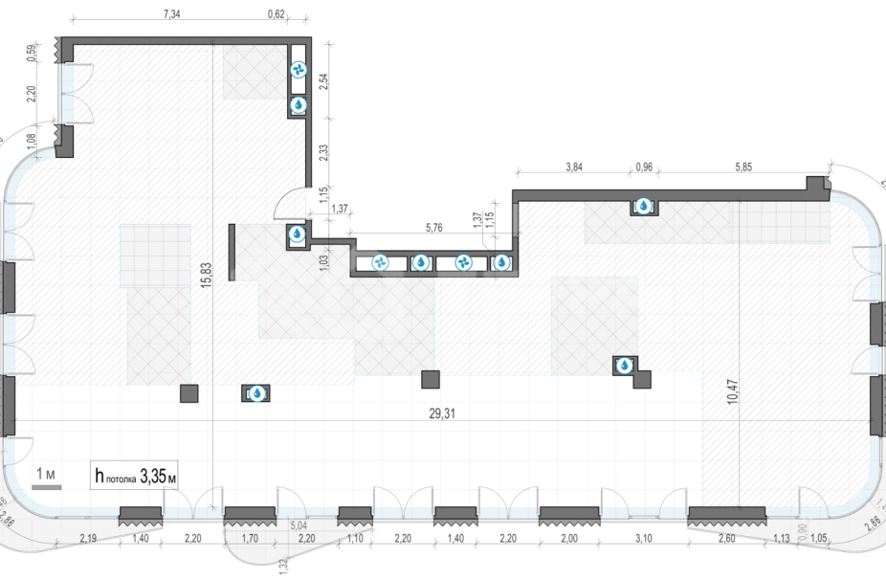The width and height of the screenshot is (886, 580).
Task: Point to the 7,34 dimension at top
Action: (172, 14)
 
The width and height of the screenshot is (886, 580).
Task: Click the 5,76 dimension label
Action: (435, 228)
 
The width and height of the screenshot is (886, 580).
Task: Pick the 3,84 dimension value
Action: (575, 167)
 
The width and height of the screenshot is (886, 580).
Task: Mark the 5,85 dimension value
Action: (743, 167)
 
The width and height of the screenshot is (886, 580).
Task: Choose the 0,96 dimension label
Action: (644, 167)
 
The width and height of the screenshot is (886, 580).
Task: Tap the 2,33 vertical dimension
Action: (322, 153)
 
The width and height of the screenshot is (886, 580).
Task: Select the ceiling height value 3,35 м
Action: (159, 474)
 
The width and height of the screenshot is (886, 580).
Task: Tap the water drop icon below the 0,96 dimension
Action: (644, 205)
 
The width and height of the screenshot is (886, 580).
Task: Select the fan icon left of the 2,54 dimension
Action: (298, 70)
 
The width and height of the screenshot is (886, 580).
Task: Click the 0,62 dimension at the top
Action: (277, 14)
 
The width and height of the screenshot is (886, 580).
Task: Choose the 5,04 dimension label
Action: (299, 524)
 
